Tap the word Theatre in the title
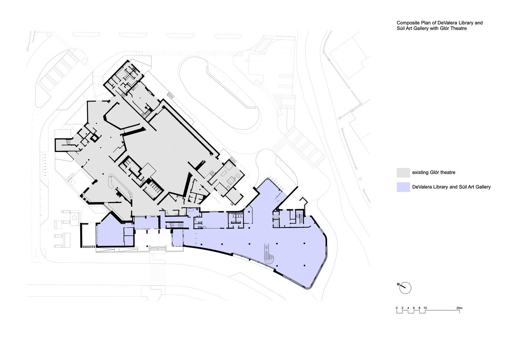point(459,28)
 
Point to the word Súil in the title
point(401,28)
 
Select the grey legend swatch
point(403,172)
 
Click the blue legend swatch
point(403,187)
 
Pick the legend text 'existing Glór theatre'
point(433,172)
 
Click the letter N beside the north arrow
point(398,284)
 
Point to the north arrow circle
point(405,282)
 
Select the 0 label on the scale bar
point(397,308)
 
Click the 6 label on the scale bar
point(414,308)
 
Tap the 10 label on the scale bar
point(425,308)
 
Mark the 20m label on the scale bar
point(459,308)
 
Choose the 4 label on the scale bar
point(408,308)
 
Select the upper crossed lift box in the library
point(276,216)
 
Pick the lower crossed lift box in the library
point(276,223)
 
